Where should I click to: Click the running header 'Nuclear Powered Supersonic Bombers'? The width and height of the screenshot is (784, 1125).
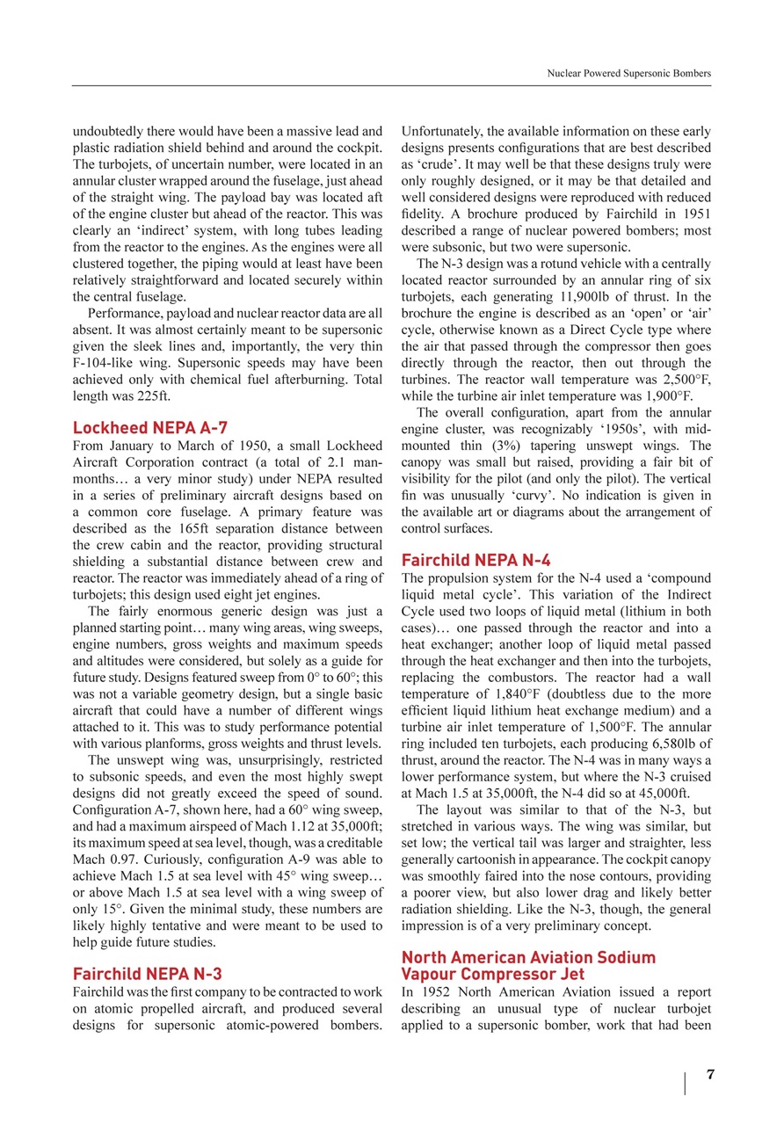(x=628, y=74)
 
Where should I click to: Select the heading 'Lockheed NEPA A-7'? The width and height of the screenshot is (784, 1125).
(x=149, y=428)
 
